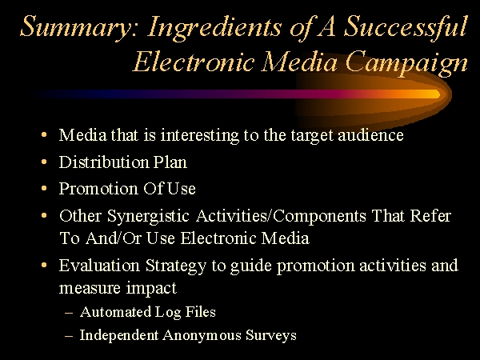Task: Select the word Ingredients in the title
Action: [x=214, y=27]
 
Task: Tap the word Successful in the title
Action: [x=406, y=27]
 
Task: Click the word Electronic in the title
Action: [x=194, y=62]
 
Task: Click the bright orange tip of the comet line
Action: [x=438, y=94]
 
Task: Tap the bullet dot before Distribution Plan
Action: [x=44, y=162]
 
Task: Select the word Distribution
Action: [x=104, y=162]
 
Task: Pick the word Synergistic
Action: [x=148, y=217]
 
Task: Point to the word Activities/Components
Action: [x=281, y=217]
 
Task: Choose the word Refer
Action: [x=430, y=215]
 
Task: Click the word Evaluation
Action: [x=99, y=265]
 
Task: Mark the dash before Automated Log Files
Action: [x=69, y=313]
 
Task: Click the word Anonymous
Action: [x=202, y=335]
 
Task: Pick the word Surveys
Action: [x=271, y=336]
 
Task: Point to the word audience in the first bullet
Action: [x=370, y=135]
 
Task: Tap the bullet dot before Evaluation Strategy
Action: [x=44, y=265]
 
